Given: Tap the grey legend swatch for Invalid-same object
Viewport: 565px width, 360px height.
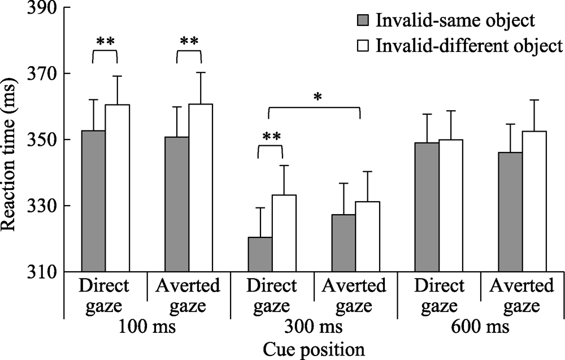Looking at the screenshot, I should click(362, 21).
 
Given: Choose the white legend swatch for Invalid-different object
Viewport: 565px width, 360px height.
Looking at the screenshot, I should click(362, 45).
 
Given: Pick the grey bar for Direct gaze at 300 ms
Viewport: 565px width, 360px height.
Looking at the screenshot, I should click(260, 254).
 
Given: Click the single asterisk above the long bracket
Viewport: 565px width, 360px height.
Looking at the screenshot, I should click(318, 98).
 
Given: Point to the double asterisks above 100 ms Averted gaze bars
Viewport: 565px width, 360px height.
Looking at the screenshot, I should click(189, 42).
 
